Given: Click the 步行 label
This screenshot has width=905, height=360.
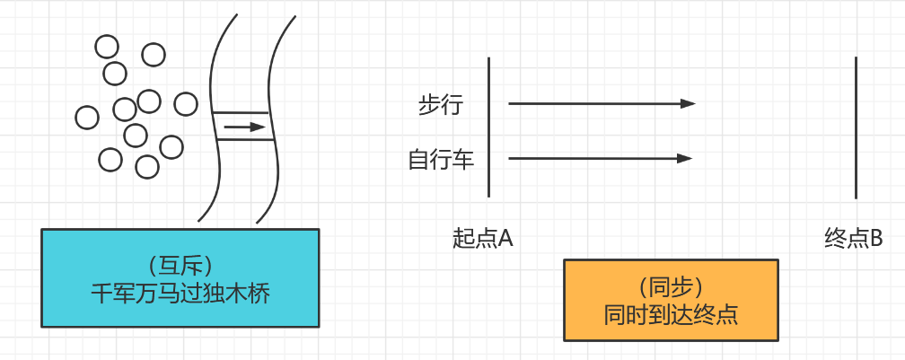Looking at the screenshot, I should point(440,105).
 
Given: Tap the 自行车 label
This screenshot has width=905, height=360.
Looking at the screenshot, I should point(441,160).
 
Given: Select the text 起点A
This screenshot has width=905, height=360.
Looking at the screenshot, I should point(482,239).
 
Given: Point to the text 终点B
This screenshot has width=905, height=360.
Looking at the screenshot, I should point(853,239).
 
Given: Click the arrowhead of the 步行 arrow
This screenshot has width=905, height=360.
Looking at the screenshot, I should point(689,104).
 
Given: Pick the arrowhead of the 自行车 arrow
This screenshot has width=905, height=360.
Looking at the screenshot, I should point(685,159).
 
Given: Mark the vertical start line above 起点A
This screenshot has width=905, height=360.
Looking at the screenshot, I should point(488,126).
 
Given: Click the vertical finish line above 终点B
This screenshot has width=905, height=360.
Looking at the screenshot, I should point(856,126).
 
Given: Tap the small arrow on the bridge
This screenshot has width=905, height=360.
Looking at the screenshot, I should point(244,127).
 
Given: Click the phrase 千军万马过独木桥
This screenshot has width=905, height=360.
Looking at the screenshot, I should point(180,293).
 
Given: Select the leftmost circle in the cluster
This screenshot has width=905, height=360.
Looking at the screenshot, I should point(87,117).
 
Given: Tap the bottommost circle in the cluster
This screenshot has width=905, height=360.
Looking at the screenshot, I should point(146,166).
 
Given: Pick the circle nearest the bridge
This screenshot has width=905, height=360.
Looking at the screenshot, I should point(186,104).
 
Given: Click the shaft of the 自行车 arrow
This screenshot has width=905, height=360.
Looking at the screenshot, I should point(593,159).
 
